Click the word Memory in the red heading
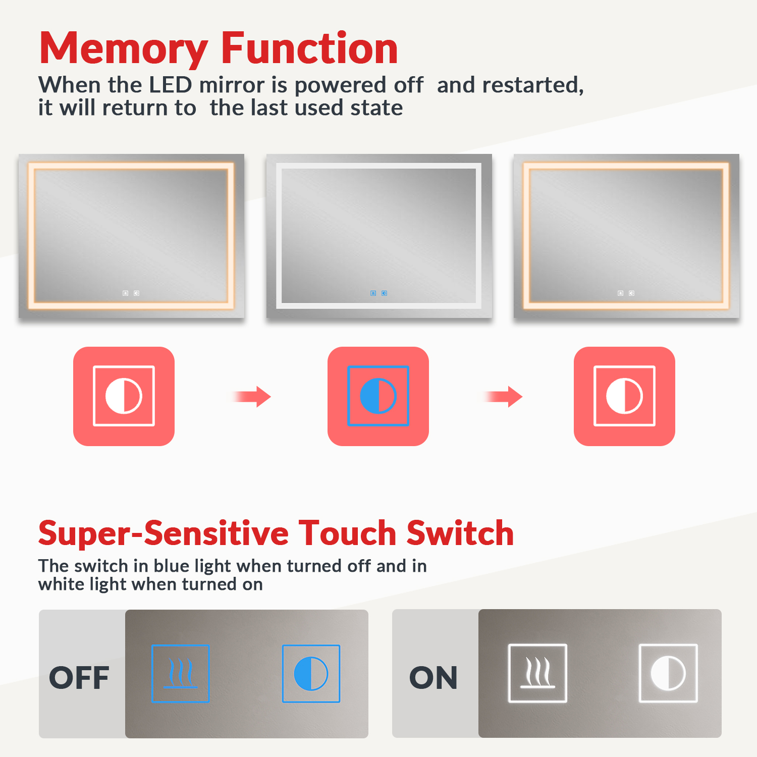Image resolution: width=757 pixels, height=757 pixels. point(123,49)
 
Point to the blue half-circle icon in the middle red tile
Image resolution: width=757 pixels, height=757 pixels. point(378,396)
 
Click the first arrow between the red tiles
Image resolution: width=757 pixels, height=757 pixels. point(252,397)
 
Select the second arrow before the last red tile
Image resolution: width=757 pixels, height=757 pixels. point(503,397)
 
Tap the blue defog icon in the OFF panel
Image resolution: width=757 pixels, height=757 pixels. point(181,674)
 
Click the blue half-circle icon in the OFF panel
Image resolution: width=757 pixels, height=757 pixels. point(311,674)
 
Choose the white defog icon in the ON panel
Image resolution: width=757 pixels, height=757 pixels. point(537,673)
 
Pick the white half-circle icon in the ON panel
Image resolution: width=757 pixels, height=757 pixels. point(668,673)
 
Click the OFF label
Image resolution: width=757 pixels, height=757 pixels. point(79,678)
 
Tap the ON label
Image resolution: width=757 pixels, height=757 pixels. point(434,678)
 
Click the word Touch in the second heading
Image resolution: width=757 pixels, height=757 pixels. point(348,533)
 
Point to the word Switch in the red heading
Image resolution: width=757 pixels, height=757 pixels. point(460,533)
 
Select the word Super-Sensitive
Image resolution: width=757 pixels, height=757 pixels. point(164,534)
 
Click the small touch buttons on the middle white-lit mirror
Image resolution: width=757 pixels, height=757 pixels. point(379,293)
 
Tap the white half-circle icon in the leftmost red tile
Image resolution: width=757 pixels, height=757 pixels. point(124,396)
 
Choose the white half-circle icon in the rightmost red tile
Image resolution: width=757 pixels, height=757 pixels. point(624,396)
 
